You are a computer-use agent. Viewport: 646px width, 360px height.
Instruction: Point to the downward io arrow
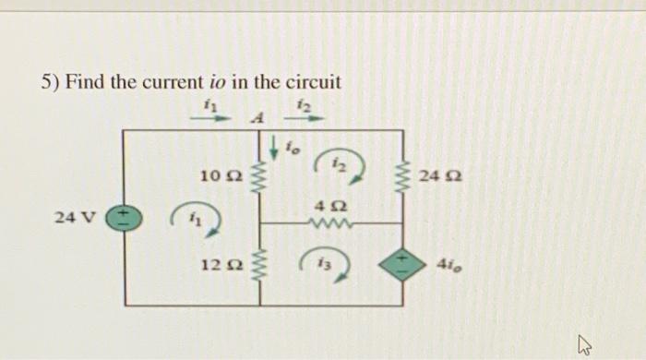tap(274, 145)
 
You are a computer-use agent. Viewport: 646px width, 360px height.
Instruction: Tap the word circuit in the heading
tap(311, 82)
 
